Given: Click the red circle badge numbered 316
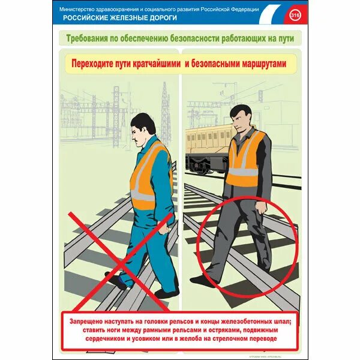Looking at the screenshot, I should click(295, 14).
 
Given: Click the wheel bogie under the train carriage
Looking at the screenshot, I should click(198, 163).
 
